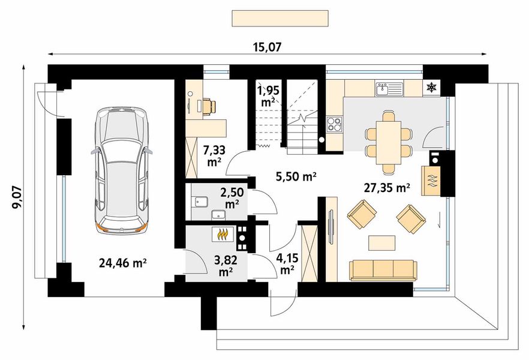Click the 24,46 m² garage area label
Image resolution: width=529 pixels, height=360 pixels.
point(122,263)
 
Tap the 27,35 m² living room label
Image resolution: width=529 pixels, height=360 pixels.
point(387,188)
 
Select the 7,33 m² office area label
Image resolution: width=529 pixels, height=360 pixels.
point(214,155)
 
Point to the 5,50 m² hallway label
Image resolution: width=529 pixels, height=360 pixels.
point(296,176)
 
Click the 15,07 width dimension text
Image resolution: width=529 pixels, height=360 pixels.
point(267,47)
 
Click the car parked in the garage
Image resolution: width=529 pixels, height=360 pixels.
point(121,170)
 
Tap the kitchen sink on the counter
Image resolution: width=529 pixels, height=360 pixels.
point(389,89)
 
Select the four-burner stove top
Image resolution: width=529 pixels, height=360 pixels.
point(334,124)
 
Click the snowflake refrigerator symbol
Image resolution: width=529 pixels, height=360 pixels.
point(431,88)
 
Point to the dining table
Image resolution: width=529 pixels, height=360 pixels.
point(388,142)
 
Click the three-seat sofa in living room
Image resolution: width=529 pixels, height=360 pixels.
point(383,270)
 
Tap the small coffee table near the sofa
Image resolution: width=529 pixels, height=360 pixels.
point(381,243)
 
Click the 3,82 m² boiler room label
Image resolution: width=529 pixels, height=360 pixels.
point(226,266)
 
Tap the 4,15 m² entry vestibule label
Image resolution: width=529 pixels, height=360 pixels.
point(287,264)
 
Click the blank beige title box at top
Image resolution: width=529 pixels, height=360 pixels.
point(280,18)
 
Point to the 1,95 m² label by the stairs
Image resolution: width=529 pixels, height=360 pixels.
point(267,96)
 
